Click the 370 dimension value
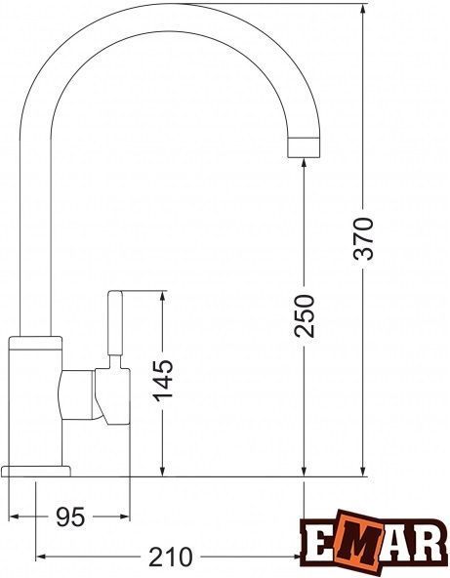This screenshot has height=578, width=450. (363, 238)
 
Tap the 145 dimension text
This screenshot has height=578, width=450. (163, 380)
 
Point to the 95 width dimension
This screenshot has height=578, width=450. (70, 516)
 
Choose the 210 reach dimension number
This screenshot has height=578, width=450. (170, 557)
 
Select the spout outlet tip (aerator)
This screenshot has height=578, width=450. (304, 147)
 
